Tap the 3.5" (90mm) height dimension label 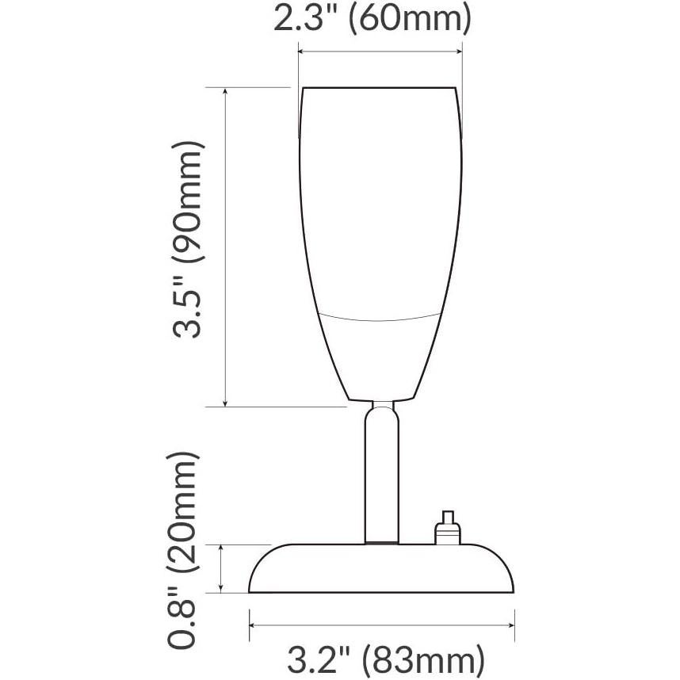189,240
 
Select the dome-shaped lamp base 383,569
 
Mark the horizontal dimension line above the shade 380,53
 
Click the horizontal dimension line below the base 383,625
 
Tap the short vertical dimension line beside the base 223,568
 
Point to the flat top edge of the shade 380,87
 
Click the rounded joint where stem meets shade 382,409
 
